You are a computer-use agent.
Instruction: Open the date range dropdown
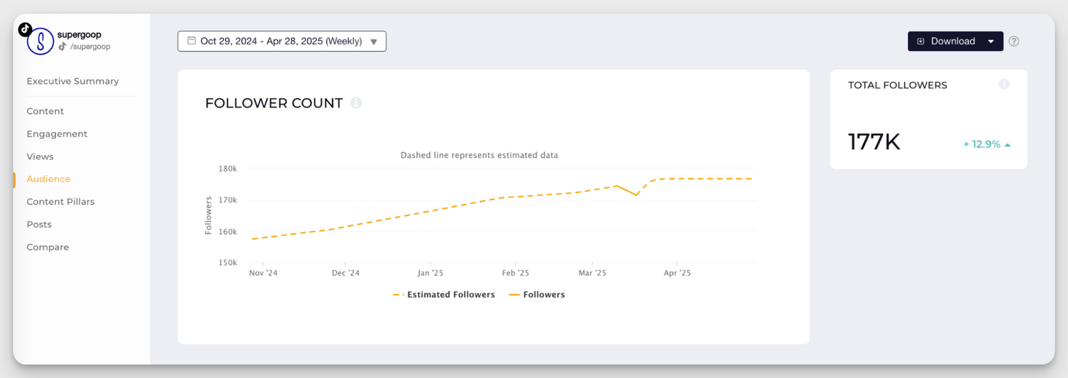coord(282,41)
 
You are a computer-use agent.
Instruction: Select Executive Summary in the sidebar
coord(73,81)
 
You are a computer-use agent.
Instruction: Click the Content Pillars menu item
coord(61,202)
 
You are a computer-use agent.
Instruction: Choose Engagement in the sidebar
coord(57,134)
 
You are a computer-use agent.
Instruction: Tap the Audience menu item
coord(48,179)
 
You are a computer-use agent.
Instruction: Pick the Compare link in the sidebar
coord(47,247)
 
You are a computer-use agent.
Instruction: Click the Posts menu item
coord(39,224)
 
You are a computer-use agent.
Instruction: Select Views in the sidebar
coord(40,156)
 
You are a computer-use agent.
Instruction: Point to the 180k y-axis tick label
coord(228,169)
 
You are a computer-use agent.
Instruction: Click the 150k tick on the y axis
coord(228,263)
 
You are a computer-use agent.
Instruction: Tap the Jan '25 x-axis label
coord(430,273)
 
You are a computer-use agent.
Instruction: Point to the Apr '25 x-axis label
coord(677,273)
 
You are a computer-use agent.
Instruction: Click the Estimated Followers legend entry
coord(444,295)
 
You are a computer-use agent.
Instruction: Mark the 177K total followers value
coord(874,142)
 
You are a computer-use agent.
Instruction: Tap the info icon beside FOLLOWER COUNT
coord(356,103)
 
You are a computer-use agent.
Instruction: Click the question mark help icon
coord(1014,41)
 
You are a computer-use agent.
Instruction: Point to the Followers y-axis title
coord(208,215)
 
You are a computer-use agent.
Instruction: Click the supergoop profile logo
coord(40,41)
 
